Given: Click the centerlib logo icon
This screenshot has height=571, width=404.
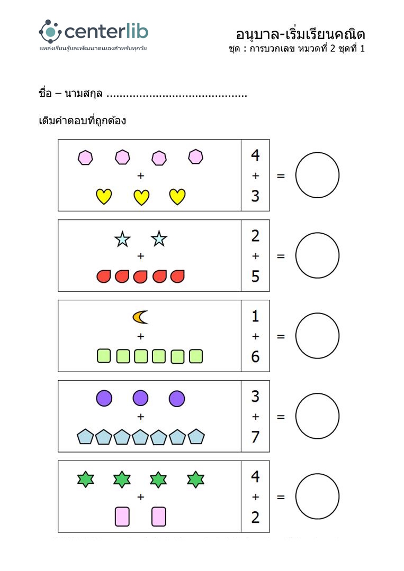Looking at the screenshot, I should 50,32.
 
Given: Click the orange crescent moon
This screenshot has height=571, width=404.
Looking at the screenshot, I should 140,317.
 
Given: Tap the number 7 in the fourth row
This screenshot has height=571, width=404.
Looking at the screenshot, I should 255,437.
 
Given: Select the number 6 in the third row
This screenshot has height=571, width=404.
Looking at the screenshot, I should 255,356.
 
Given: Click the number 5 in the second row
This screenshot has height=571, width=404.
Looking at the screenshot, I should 255,276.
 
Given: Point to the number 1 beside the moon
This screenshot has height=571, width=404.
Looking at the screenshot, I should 255,316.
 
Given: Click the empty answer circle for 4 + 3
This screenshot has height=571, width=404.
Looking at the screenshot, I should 317,175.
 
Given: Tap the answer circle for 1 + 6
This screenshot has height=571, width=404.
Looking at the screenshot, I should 317,336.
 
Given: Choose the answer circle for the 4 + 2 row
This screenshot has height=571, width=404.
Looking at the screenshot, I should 317,496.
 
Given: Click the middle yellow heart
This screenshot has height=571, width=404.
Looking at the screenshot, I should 141,197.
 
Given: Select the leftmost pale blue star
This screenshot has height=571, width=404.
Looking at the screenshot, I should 122,240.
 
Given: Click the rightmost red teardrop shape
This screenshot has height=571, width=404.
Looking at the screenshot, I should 177,276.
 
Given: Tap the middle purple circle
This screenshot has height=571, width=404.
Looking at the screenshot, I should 140,398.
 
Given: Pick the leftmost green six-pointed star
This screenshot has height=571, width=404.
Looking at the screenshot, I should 85,480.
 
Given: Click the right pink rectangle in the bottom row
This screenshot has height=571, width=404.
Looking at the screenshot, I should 159,517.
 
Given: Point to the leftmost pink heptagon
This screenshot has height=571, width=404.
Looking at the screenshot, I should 85,158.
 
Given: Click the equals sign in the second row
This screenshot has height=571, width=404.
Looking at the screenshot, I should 281,256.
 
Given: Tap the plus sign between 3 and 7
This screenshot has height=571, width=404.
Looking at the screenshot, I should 255,417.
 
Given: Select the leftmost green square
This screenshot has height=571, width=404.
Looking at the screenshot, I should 104,356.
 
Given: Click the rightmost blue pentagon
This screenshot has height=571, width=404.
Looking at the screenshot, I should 196,437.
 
